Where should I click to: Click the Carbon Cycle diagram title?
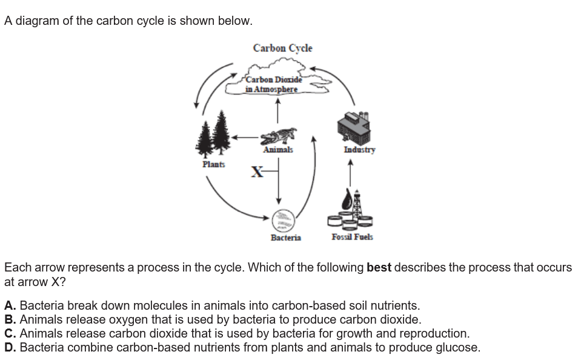click(283, 48)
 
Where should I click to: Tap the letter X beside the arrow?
click(257, 172)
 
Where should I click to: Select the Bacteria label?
click(286, 238)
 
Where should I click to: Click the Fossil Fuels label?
click(352, 237)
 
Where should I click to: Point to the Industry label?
click(359, 150)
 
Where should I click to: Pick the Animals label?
click(278, 150)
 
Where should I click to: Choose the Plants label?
click(213, 164)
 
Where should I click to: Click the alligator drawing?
click(279, 136)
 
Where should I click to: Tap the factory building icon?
click(353, 127)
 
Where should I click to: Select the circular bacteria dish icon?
click(284, 219)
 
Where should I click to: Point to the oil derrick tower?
click(357, 204)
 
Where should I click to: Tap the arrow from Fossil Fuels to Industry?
click(350, 173)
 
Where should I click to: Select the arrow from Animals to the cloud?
click(277, 110)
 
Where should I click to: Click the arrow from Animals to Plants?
click(245, 138)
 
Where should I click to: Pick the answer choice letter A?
click(10, 306)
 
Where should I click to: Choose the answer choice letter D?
click(10, 348)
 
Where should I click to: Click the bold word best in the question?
click(379, 267)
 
